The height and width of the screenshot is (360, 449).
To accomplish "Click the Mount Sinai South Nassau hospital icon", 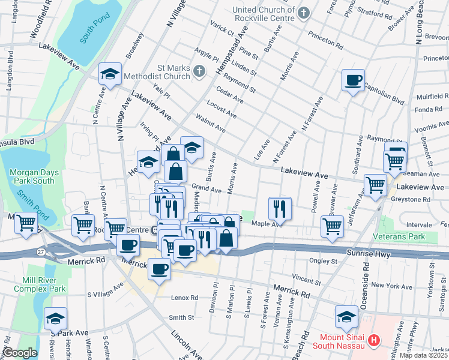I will tap(374, 341).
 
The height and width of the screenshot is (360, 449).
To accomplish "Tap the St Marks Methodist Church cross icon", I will tap(200, 72).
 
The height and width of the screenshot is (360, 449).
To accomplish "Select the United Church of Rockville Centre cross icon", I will tap(304, 13).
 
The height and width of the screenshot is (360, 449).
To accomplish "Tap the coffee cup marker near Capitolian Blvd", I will tap(353, 80).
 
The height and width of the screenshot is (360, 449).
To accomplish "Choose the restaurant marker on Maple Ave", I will tap(280, 208).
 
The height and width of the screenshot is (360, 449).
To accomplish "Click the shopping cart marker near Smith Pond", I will tap(26, 223).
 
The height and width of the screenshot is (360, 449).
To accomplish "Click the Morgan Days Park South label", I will tap(34, 176).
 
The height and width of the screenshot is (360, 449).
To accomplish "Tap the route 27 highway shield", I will tap(40, 251).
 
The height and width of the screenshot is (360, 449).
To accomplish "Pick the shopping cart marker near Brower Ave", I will tap(332, 226).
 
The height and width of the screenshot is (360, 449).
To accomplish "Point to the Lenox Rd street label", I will tap(184, 298).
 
